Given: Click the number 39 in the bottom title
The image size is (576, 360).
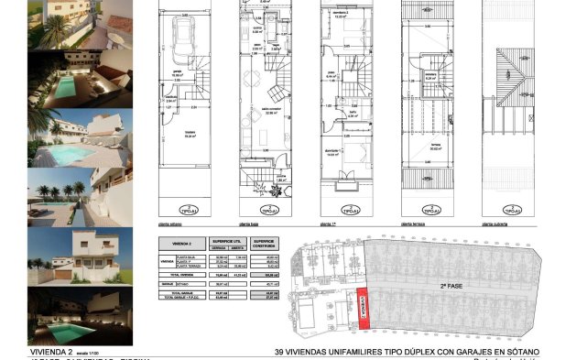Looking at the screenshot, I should [x=278, y=352].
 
